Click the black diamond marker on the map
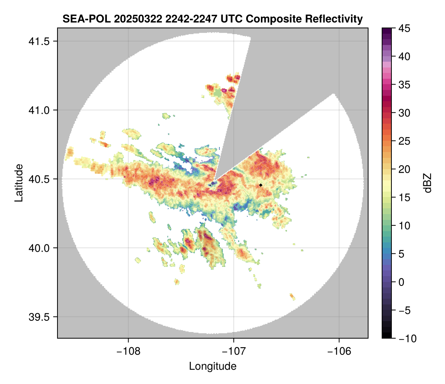tap(261, 185)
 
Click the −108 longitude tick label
tap(128, 351)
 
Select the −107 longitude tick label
tap(234, 351)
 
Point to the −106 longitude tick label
tap(339, 351)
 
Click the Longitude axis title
tap(212, 366)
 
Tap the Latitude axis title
tap(19, 183)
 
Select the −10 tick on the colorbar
tap(406, 338)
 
